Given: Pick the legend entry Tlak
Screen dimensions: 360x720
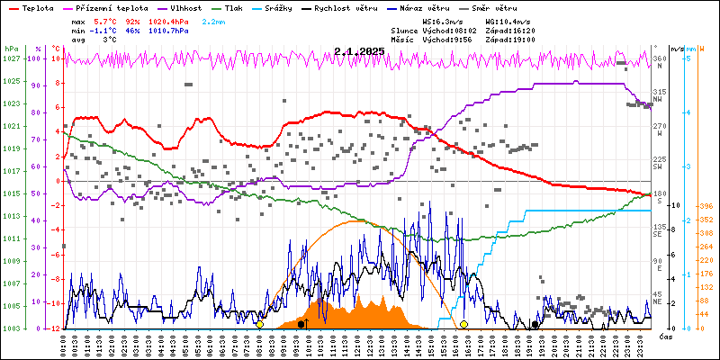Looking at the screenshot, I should [234, 7].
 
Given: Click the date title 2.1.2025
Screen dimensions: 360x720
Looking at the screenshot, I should [358, 51].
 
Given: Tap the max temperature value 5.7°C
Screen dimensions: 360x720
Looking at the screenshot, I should [103, 21].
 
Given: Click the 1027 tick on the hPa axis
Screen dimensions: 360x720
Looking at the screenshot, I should [11, 58].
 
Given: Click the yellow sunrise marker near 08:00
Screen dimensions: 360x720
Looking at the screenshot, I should [260, 324].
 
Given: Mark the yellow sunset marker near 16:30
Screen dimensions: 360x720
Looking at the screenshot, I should [463, 324].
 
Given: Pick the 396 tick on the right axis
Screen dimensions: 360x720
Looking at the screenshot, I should [706, 206].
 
